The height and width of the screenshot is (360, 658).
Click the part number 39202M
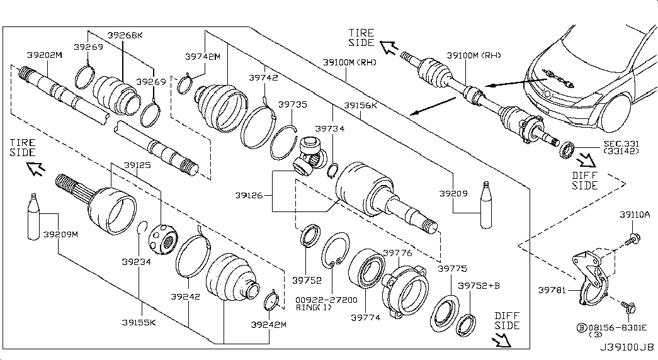(44, 55)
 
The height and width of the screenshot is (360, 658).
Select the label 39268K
(125, 35)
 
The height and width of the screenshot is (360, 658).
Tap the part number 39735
(293, 104)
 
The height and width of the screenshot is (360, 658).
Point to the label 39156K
(360, 105)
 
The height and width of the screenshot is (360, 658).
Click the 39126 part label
(249, 196)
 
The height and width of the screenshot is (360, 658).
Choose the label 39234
(136, 262)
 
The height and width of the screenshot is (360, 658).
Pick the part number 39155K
(139, 323)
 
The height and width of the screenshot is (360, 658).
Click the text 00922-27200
(327, 300)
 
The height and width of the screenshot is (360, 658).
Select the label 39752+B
(479, 286)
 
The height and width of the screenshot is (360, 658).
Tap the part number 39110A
(635, 215)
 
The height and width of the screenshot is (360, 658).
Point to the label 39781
(553, 290)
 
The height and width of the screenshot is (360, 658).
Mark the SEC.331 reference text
(621, 143)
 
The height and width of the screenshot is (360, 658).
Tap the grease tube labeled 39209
(485, 205)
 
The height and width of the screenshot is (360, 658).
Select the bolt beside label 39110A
(632, 240)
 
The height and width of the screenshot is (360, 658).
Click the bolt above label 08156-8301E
(628, 307)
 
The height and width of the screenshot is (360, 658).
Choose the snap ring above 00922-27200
(335, 250)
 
